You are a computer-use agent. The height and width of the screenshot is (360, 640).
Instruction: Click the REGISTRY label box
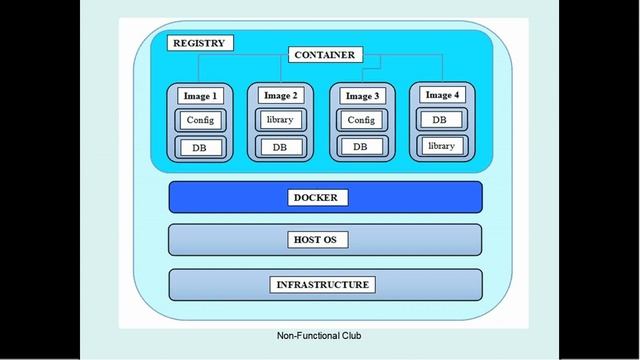click(x=200, y=43)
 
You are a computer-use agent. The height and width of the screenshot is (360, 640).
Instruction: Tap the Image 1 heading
click(x=200, y=96)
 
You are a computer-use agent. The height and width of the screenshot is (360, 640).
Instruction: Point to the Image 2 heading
click(x=280, y=96)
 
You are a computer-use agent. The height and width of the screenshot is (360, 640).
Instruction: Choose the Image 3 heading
click(x=360, y=97)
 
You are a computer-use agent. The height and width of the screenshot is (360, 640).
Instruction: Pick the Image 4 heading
click(x=442, y=95)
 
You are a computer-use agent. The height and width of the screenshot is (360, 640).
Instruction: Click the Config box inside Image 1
click(x=200, y=121)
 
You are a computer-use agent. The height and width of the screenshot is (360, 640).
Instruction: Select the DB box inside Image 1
click(x=200, y=148)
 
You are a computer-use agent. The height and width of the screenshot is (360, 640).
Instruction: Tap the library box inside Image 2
click(x=280, y=120)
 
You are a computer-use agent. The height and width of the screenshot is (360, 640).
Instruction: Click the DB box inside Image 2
click(x=280, y=147)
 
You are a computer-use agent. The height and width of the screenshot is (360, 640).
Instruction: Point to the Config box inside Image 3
click(x=360, y=120)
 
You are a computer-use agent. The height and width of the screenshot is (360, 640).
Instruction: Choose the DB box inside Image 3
click(x=360, y=147)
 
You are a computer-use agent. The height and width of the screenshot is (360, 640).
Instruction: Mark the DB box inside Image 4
click(x=441, y=119)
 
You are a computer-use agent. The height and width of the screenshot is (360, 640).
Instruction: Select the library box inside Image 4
click(x=441, y=146)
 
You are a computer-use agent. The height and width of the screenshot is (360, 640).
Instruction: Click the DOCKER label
click(x=315, y=198)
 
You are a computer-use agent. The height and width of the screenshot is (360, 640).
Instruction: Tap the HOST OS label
click(x=315, y=241)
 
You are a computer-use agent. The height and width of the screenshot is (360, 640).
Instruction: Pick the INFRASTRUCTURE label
click(x=322, y=285)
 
